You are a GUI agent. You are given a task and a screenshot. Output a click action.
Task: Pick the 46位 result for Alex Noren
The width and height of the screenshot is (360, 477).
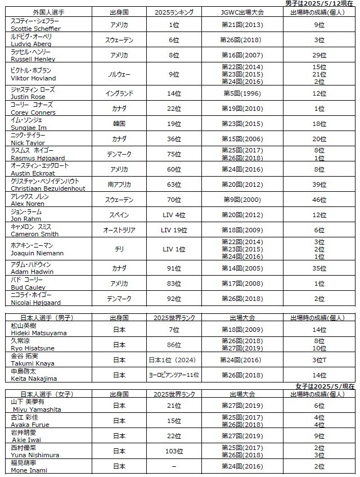click(319, 200)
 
